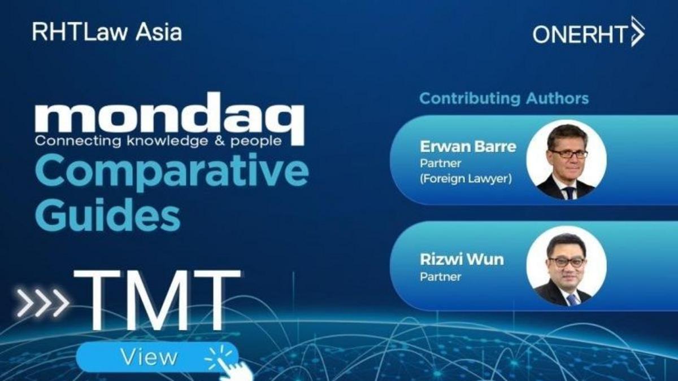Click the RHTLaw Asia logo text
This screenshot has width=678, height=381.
(x=107, y=32)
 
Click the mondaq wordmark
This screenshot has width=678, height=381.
(x=169, y=119)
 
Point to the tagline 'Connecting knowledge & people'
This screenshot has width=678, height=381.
(x=158, y=141)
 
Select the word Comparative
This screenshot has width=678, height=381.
(x=172, y=172)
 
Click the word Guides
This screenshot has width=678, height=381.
(x=108, y=215)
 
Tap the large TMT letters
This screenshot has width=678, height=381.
(x=157, y=299)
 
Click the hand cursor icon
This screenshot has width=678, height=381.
(x=230, y=365)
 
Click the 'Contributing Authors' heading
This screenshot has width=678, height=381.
(x=504, y=99)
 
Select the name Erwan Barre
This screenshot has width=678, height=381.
(x=468, y=147)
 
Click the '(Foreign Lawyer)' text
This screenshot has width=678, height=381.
(x=466, y=179)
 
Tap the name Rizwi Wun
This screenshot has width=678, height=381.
(x=462, y=260)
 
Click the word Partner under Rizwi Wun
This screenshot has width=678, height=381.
(x=441, y=277)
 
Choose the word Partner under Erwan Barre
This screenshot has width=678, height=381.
(x=441, y=163)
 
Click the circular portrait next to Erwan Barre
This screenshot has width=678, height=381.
(x=566, y=160)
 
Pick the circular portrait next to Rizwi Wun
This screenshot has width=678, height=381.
(x=566, y=266)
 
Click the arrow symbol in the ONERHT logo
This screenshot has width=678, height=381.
(x=637, y=32)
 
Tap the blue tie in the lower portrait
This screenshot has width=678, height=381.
(x=573, y=299)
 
